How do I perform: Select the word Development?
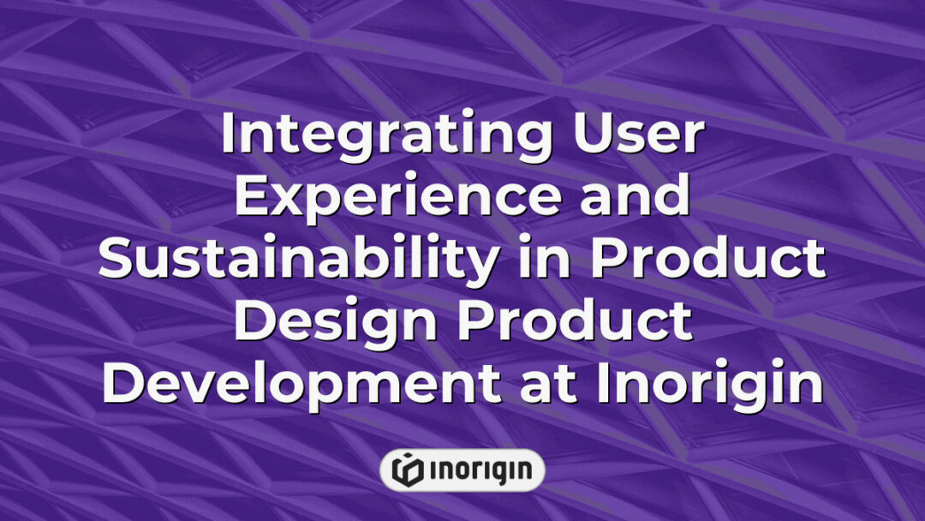click(x=301, y=384)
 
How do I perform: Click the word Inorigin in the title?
click(x=710, y=384)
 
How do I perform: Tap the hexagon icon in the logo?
click(x=407, y=470)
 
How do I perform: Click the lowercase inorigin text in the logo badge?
click(x=480, y=470)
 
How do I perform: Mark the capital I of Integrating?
click(x=228, y=135)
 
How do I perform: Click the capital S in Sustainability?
click(x=116, y=260)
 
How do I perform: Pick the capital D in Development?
click(x=122, y=384)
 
